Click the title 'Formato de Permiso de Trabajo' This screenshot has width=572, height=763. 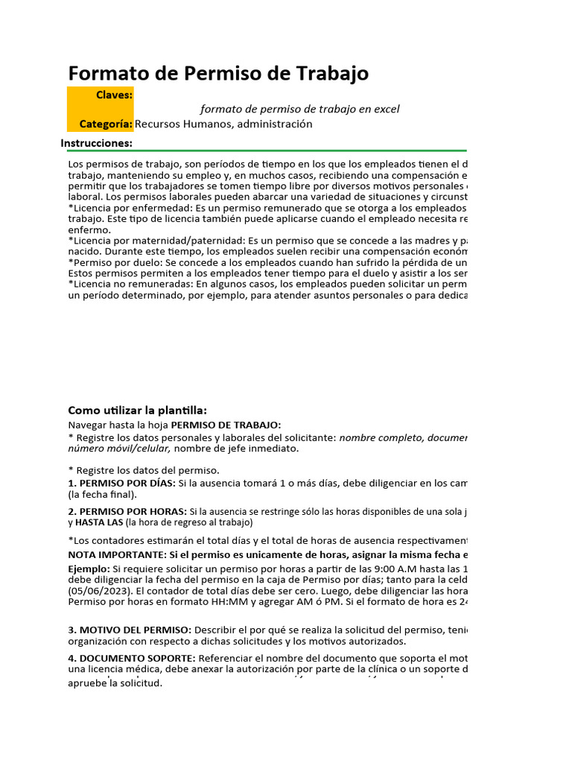click(x=218, y=74)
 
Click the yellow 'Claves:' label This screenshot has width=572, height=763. click(x=114, y=95)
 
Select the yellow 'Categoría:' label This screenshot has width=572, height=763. click(x=107, y=124)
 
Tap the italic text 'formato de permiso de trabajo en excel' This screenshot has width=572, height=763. click(x=300, y=110)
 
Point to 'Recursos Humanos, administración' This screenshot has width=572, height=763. click(x=223, y=124)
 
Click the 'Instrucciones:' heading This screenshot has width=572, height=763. click(x=97, y=143)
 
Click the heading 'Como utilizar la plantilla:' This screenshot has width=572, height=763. click(x=138, y=411)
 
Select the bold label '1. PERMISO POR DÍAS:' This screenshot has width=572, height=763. click(x=121, y=483)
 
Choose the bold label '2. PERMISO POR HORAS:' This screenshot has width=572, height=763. click(x=127, y=511)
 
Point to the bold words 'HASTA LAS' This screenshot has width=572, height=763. click(x=95, y=522)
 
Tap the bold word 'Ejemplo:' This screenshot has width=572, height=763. click(x=89, y=569)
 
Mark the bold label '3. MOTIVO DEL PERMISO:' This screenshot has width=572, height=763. click(x=130, y=630)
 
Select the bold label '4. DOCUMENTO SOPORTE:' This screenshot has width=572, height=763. click(x=132, y=658)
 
